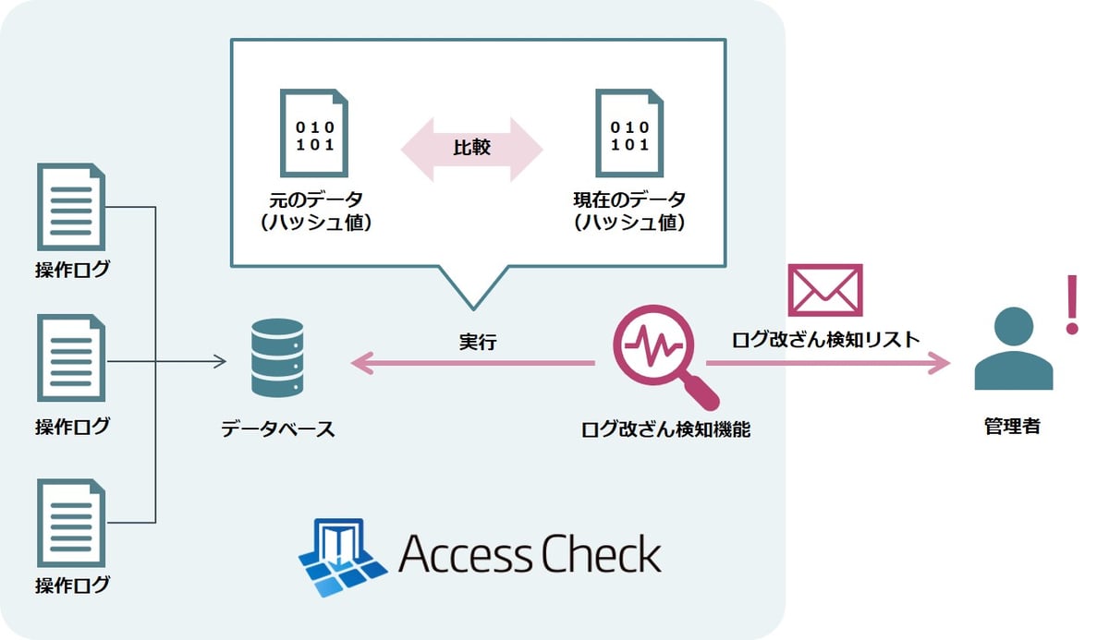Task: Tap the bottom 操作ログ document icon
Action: (x=71, y=522)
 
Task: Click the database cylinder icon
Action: (x=276, y=358)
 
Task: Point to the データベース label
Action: (x=277, y=429)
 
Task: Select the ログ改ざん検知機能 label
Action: (x=664, y=429)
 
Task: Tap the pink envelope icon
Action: (x=824, y=290)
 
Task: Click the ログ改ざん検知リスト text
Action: (x=825, y=339)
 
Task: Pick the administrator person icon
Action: (x=1013, y=348)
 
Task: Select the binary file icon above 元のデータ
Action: (x=314, y=132)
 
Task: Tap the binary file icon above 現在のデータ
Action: (x=629, y=132)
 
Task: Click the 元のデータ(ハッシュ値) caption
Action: (x=315, y=211)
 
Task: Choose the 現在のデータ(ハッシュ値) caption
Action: (x=629, y=211)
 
